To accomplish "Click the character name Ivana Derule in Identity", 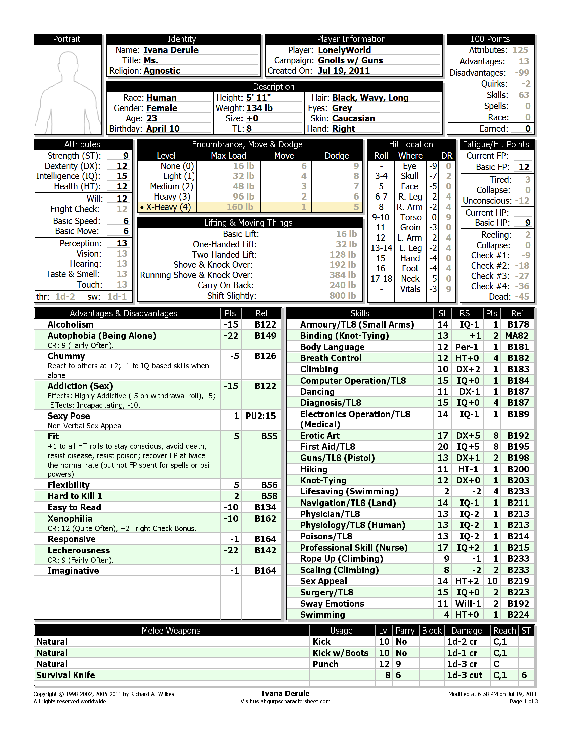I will (171, 50).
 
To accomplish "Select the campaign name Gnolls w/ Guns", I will (350, 60).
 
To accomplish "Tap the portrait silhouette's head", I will (68, 63).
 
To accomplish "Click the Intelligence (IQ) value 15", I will (122, 176).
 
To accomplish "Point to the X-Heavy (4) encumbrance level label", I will (168, 207).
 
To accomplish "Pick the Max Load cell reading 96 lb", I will (243, 197).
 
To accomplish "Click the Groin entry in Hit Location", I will (410, 227).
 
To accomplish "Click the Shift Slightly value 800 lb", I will (342, 296).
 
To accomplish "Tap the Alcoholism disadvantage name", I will (70, 324).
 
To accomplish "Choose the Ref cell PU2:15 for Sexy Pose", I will (260, 416).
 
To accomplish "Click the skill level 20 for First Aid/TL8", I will (442, 447).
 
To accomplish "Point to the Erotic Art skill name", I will (320, 436).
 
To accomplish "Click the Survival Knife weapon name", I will (65, 675).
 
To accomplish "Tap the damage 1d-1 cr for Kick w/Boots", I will (462, 653).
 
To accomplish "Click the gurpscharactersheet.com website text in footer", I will (298, 701).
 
